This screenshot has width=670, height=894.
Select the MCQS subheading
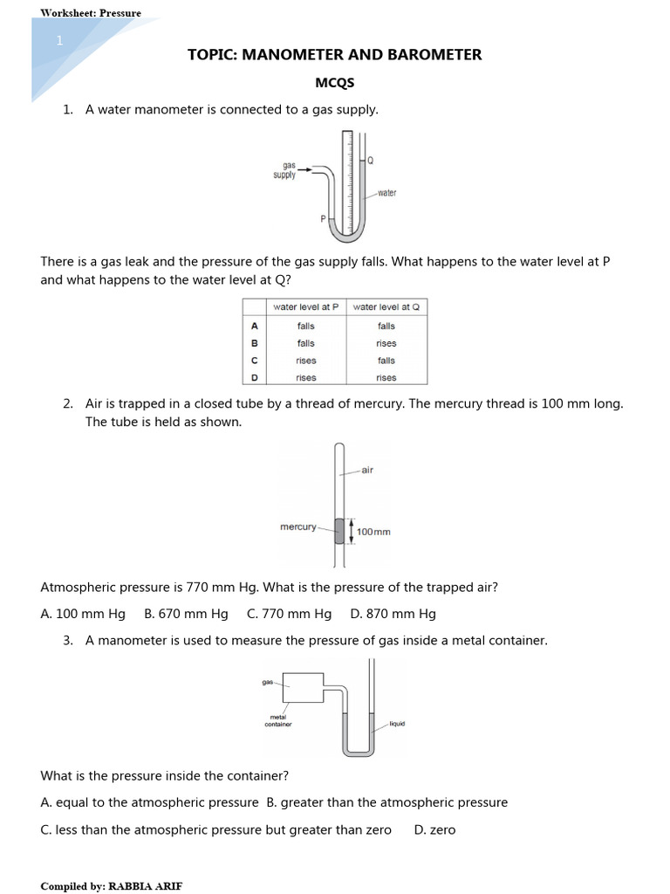(x=334, y=83)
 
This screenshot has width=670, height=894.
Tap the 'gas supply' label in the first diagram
(x=284, y=169)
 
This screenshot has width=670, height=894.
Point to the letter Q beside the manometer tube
(x=370, y=161)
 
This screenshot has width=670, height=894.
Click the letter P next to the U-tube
(x=323, y=219)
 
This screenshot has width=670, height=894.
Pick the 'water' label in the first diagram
(x=386, y=193)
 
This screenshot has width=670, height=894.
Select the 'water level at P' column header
(x=306, y=307)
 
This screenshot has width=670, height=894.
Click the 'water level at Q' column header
(x=386, y=307)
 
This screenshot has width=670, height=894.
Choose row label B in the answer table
(x=255, y=343)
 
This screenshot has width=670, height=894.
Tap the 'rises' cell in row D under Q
(x=386, y=378)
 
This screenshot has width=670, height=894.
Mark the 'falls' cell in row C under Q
(x=386, y=361)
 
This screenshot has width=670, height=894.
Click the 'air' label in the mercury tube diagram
(x=367, y=471)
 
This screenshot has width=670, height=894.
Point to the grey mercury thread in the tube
(x=339, y=531)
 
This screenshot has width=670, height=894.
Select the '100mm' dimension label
(x=373, y=532)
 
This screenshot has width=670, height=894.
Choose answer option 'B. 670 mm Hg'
(x=186, y=614)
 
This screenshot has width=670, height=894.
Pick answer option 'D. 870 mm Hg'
(x=393, y=614)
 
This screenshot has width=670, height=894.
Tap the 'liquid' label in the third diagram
(x=397, y=724)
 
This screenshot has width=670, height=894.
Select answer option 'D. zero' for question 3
(x=434, y=829)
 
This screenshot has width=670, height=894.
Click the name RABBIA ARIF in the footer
(x=145, y=885)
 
